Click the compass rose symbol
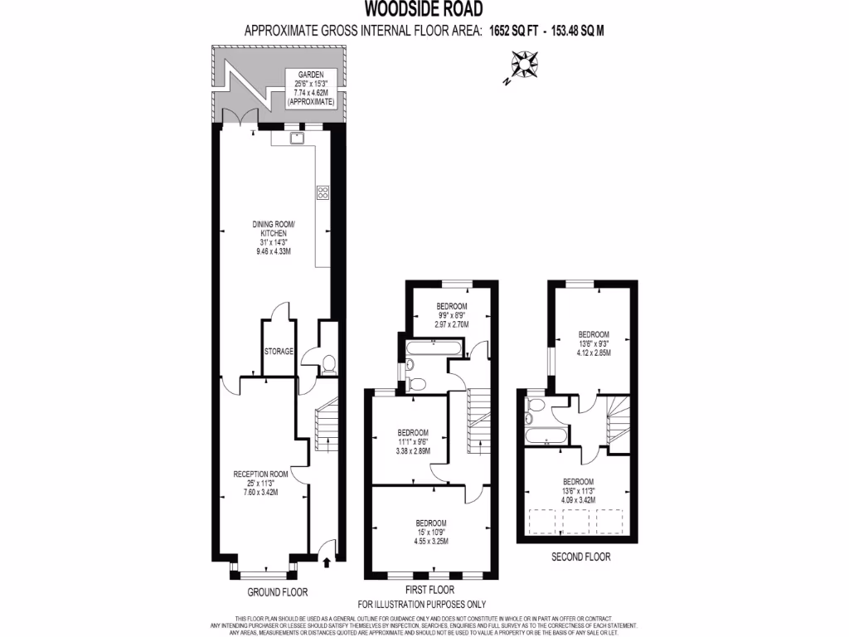coord(523,65)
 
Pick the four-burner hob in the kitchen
coord(323,193)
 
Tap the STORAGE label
coord(279,352)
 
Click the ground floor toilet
coord(328,363)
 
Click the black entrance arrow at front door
coord(325,562)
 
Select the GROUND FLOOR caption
coord(278,592)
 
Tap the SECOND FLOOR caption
coord(580,557)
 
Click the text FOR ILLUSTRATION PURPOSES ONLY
coord(422,604)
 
